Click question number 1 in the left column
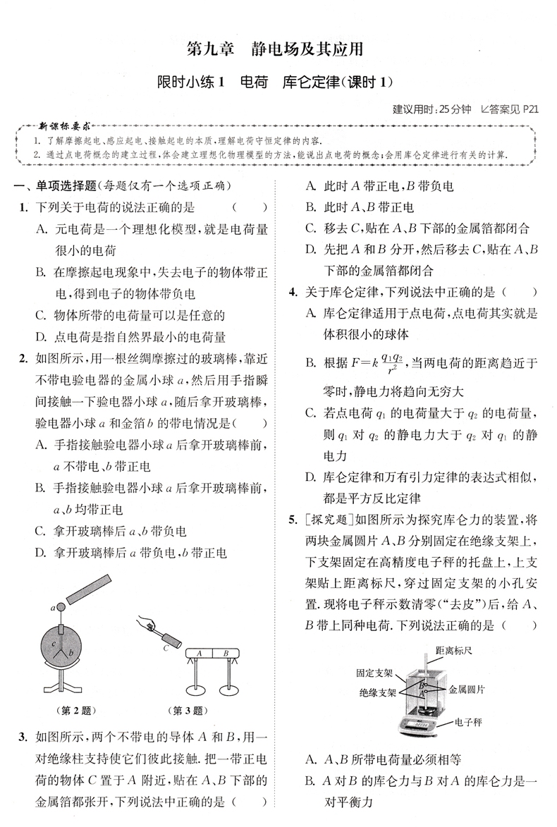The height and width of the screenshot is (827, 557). (23, 207)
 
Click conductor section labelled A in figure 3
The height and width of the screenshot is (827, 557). (200, 654)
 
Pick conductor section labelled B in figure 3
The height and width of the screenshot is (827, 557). (226, 654)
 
